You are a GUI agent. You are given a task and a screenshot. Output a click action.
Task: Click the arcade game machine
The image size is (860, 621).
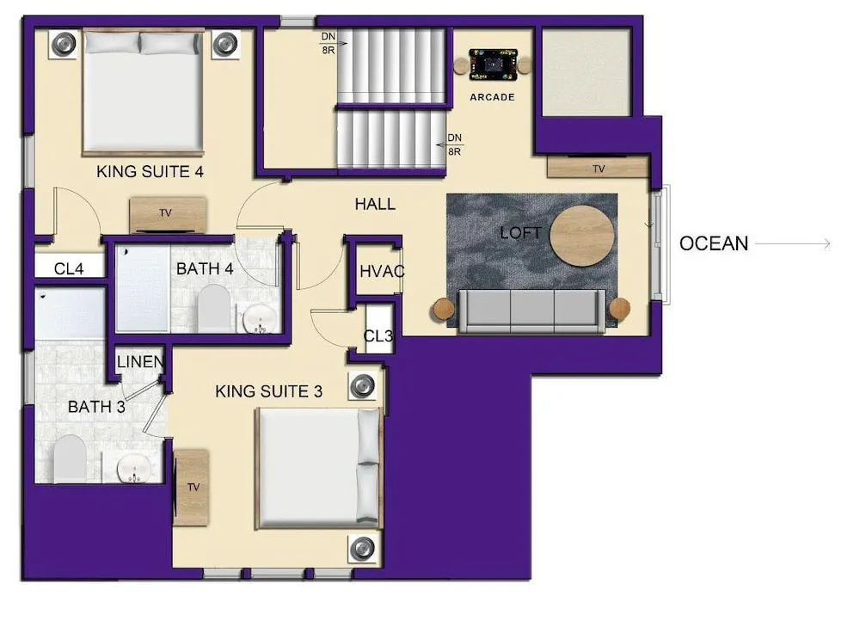(493, 65)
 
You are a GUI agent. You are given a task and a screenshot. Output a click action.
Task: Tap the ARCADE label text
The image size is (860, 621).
(492, 97)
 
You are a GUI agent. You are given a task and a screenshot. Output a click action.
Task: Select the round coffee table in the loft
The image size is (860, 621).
(582, 236)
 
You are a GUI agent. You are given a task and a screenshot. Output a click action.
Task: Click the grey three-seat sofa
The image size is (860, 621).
(532, 311)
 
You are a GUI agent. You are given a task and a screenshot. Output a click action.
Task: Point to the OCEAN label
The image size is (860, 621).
(714, 243)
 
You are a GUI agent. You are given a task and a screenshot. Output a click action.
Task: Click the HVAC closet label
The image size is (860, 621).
(382, 271)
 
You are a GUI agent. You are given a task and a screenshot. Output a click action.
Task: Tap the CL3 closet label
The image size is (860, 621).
(378, 335)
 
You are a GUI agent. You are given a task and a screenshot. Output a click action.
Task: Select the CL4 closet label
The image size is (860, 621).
(69, 269)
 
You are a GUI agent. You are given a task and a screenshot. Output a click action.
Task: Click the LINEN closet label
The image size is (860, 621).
(140, 361)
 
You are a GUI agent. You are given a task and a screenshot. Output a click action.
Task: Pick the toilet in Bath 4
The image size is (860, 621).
(213, 308)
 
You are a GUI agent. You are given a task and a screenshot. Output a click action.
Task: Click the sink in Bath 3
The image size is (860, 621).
(134, 469)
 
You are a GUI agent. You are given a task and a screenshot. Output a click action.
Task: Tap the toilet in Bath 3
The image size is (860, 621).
(70, 459)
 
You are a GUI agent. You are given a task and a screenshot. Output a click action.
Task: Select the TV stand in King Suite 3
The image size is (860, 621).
(191, 488)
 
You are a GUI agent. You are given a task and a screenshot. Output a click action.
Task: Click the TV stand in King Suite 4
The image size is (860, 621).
(168, 215)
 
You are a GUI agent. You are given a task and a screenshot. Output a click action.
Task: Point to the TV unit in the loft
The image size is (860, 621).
(598, 167)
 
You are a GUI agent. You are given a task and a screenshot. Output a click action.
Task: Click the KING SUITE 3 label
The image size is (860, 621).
(268, 391)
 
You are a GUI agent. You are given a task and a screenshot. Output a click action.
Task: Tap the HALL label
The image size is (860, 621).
(375, 204)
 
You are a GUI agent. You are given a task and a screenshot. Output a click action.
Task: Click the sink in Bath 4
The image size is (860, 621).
(260, 318)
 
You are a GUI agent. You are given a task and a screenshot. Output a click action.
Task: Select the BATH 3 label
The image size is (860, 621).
(96, 407)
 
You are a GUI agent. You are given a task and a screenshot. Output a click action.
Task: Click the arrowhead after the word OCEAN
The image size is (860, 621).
(827, 243)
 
